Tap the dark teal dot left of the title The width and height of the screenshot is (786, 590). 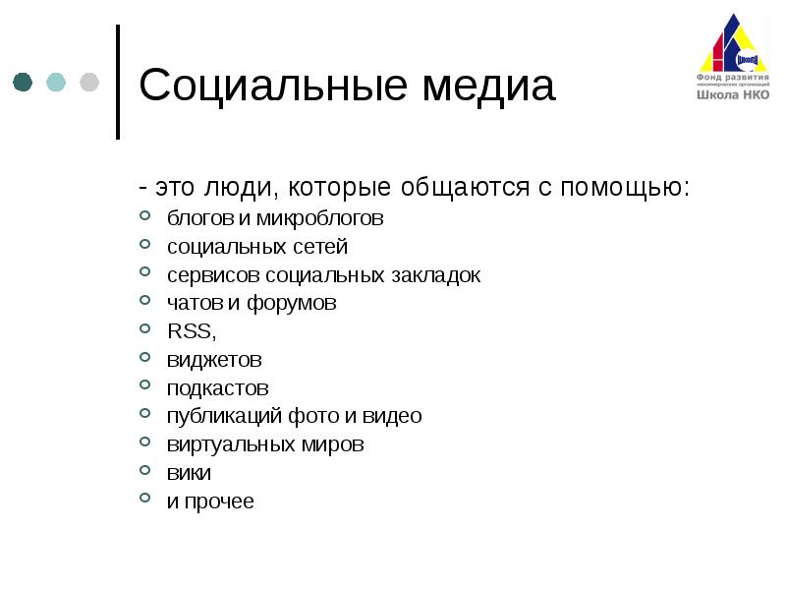point(23,82)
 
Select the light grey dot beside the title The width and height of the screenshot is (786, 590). point(88,82)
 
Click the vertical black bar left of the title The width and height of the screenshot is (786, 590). point(118,82)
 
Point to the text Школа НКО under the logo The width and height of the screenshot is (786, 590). point(733,95)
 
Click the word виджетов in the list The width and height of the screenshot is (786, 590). point(214,360)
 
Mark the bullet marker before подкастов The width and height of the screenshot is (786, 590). point(145,386)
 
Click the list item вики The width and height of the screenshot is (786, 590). point(189,473)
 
